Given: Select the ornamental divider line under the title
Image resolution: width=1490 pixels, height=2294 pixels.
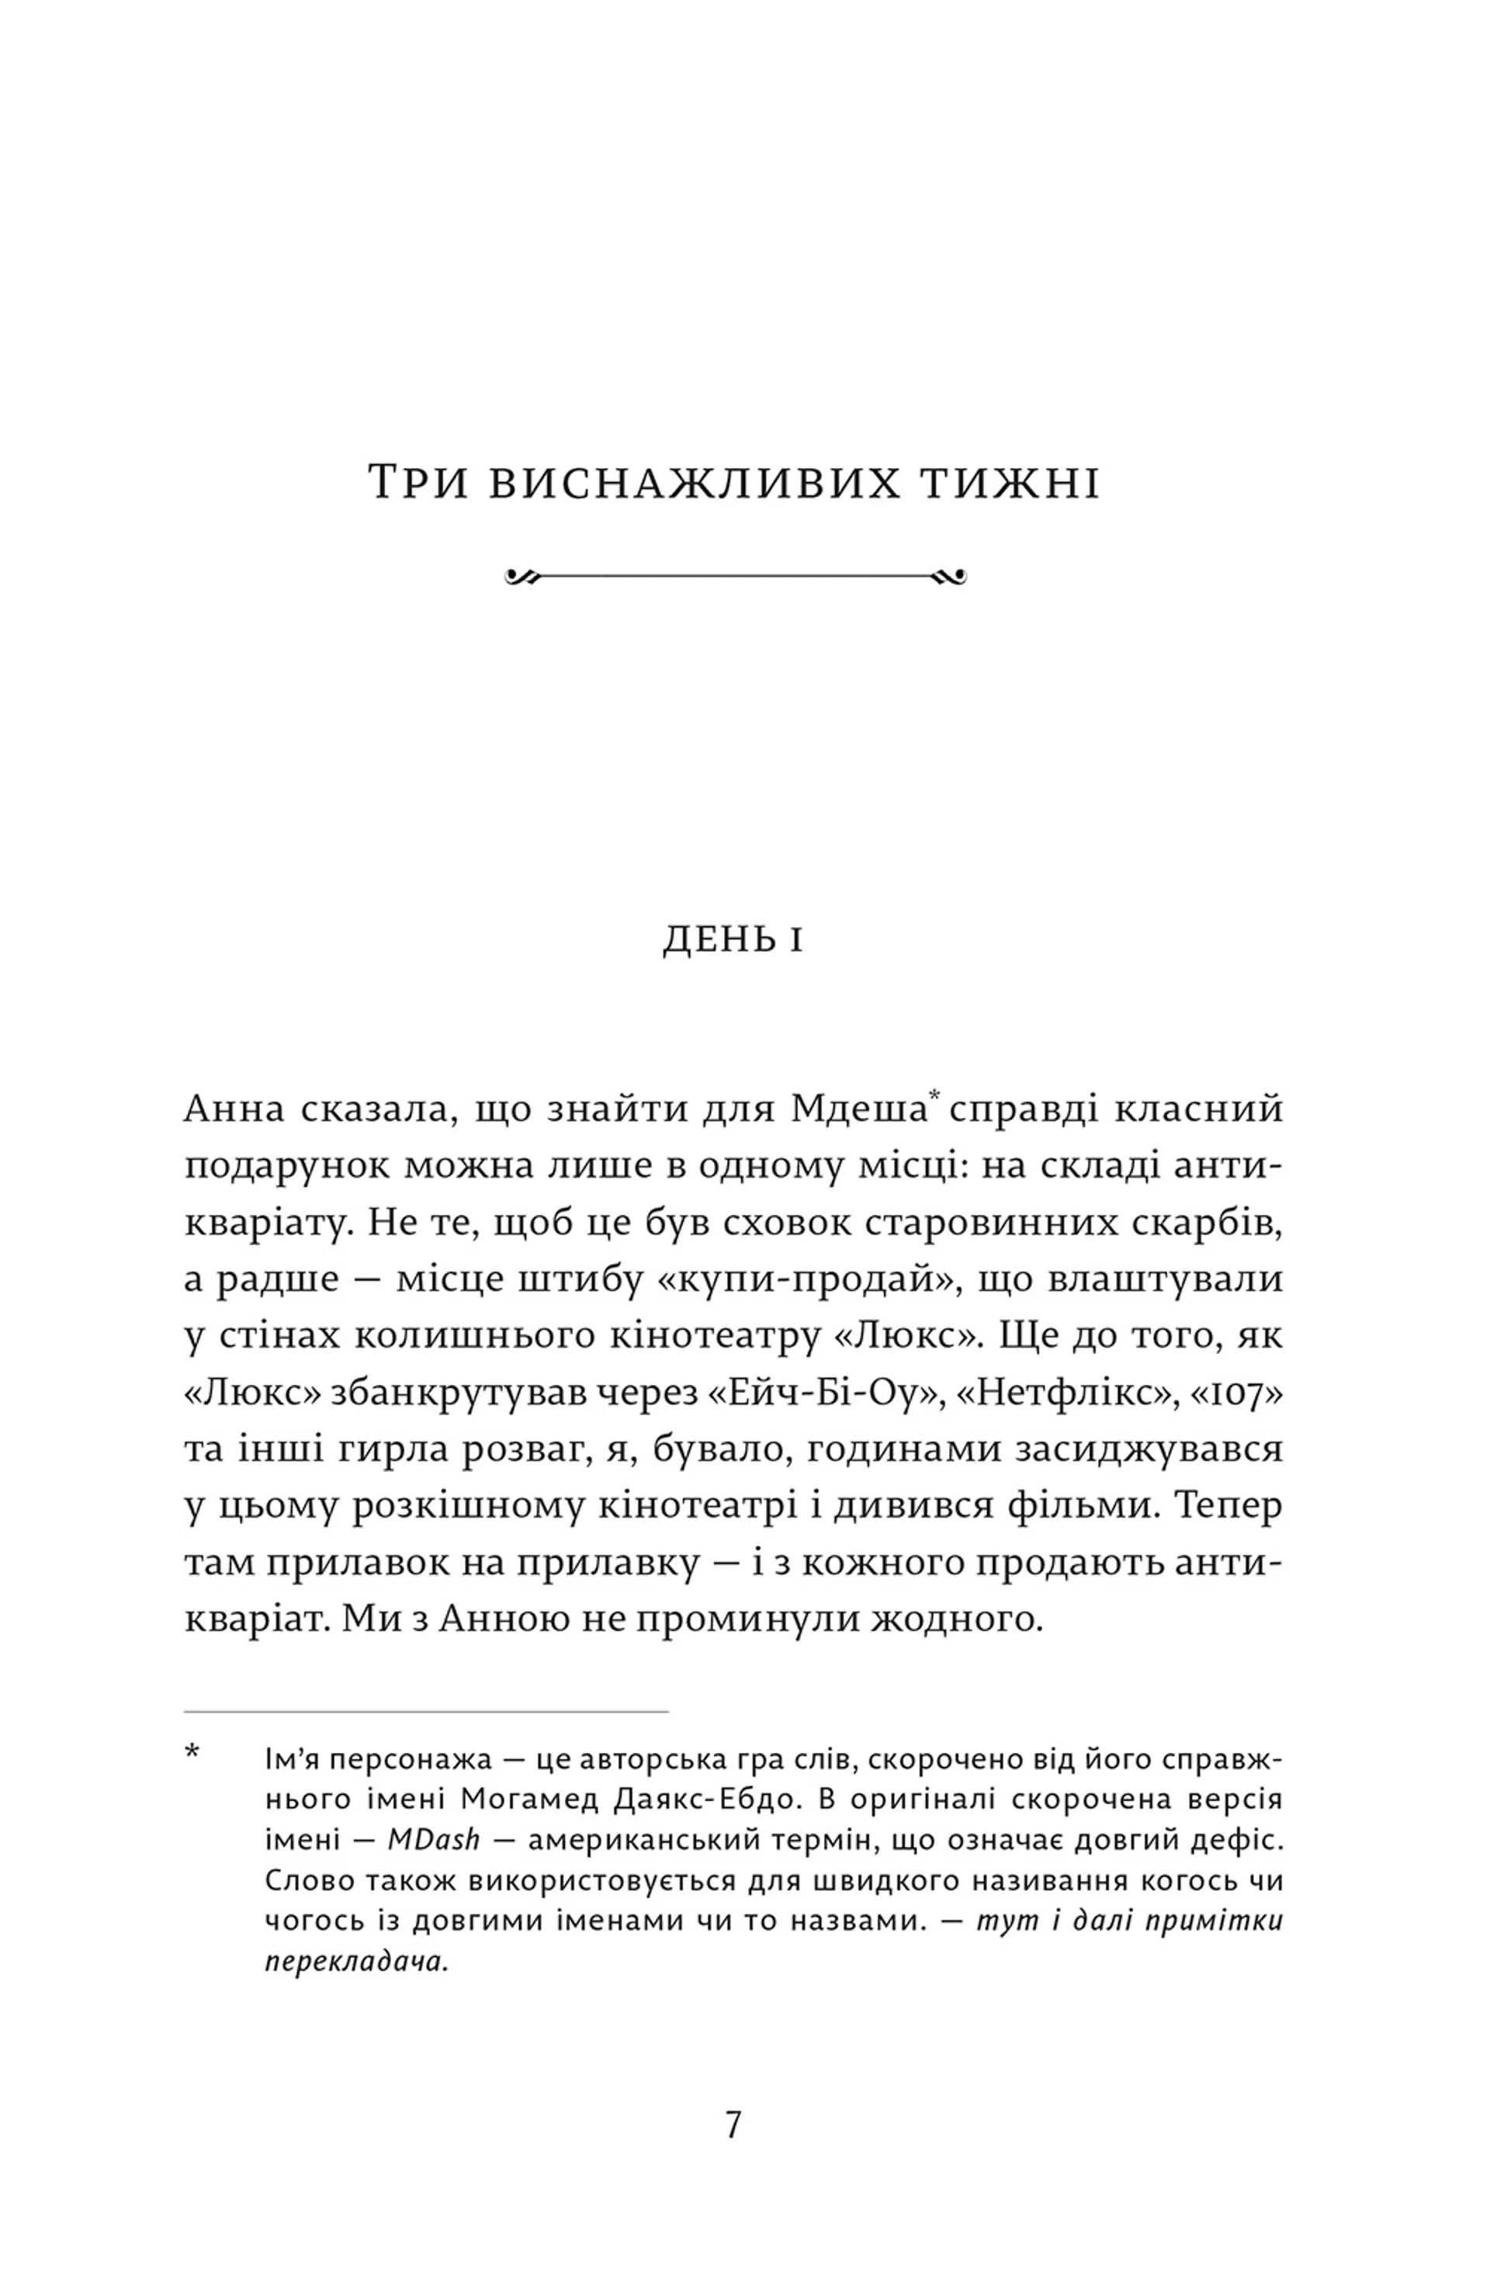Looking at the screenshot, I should (x=734, y=576).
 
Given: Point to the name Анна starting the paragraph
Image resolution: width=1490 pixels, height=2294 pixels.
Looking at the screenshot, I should (x=234, y=1109).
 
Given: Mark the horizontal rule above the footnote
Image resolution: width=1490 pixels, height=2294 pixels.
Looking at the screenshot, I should (x=426, y=1711).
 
